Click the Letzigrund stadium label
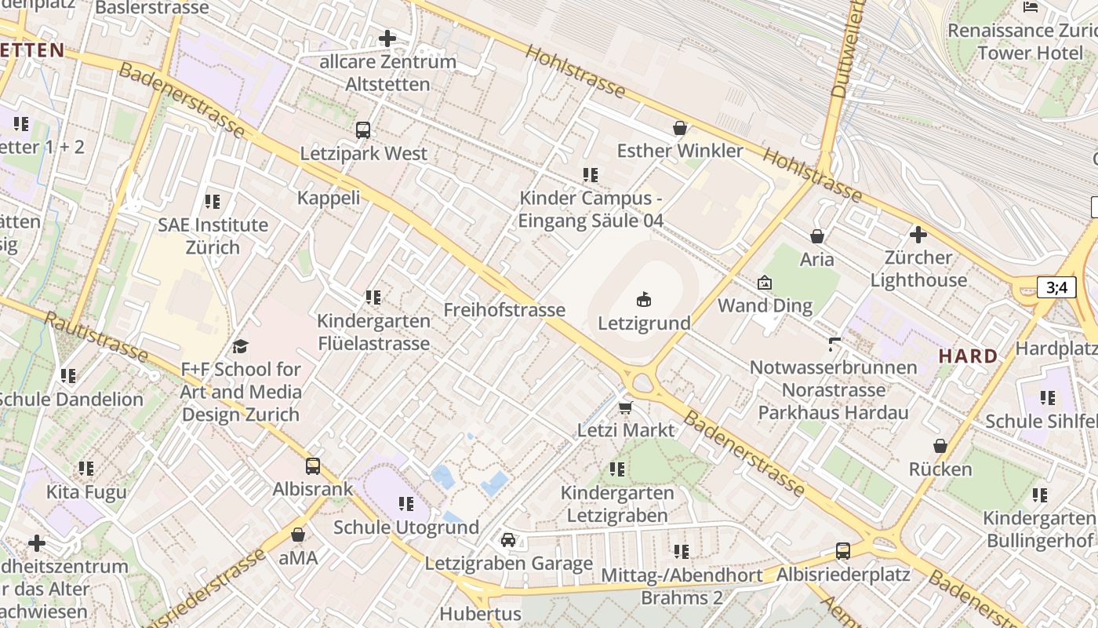tap(644, 323)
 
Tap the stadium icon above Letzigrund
tap(644, 299)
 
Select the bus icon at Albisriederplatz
tap(843, 550)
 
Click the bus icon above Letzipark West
tap(363, 130)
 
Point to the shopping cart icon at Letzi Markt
tap(625, 407)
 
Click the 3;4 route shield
tap(1056, 287)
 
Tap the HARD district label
tap(969, 356)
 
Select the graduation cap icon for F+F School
tap(241, 346)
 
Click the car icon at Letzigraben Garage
tap(508, 540)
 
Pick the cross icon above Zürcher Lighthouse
tap(918, 234)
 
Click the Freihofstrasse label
tap(504, 310)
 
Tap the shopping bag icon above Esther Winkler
tap(680, 127)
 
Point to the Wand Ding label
tap(765, 305)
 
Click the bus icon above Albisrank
tap(313, 466)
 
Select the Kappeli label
tap(329, 197)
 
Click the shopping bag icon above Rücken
tap(940, 446)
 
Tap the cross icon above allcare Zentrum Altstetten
tap(387, 38)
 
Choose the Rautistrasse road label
tap(96, 337)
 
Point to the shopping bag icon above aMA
tap(298, 535)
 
